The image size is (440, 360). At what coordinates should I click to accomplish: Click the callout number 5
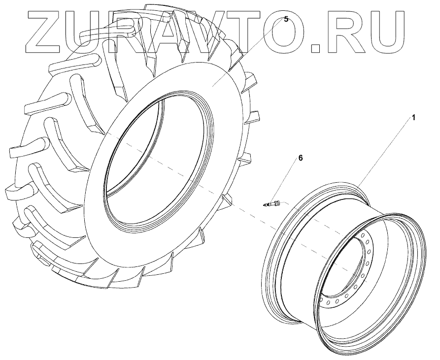point(286,19)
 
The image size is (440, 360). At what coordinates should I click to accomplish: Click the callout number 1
point(413,118)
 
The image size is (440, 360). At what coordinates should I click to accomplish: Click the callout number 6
point(301,158)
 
